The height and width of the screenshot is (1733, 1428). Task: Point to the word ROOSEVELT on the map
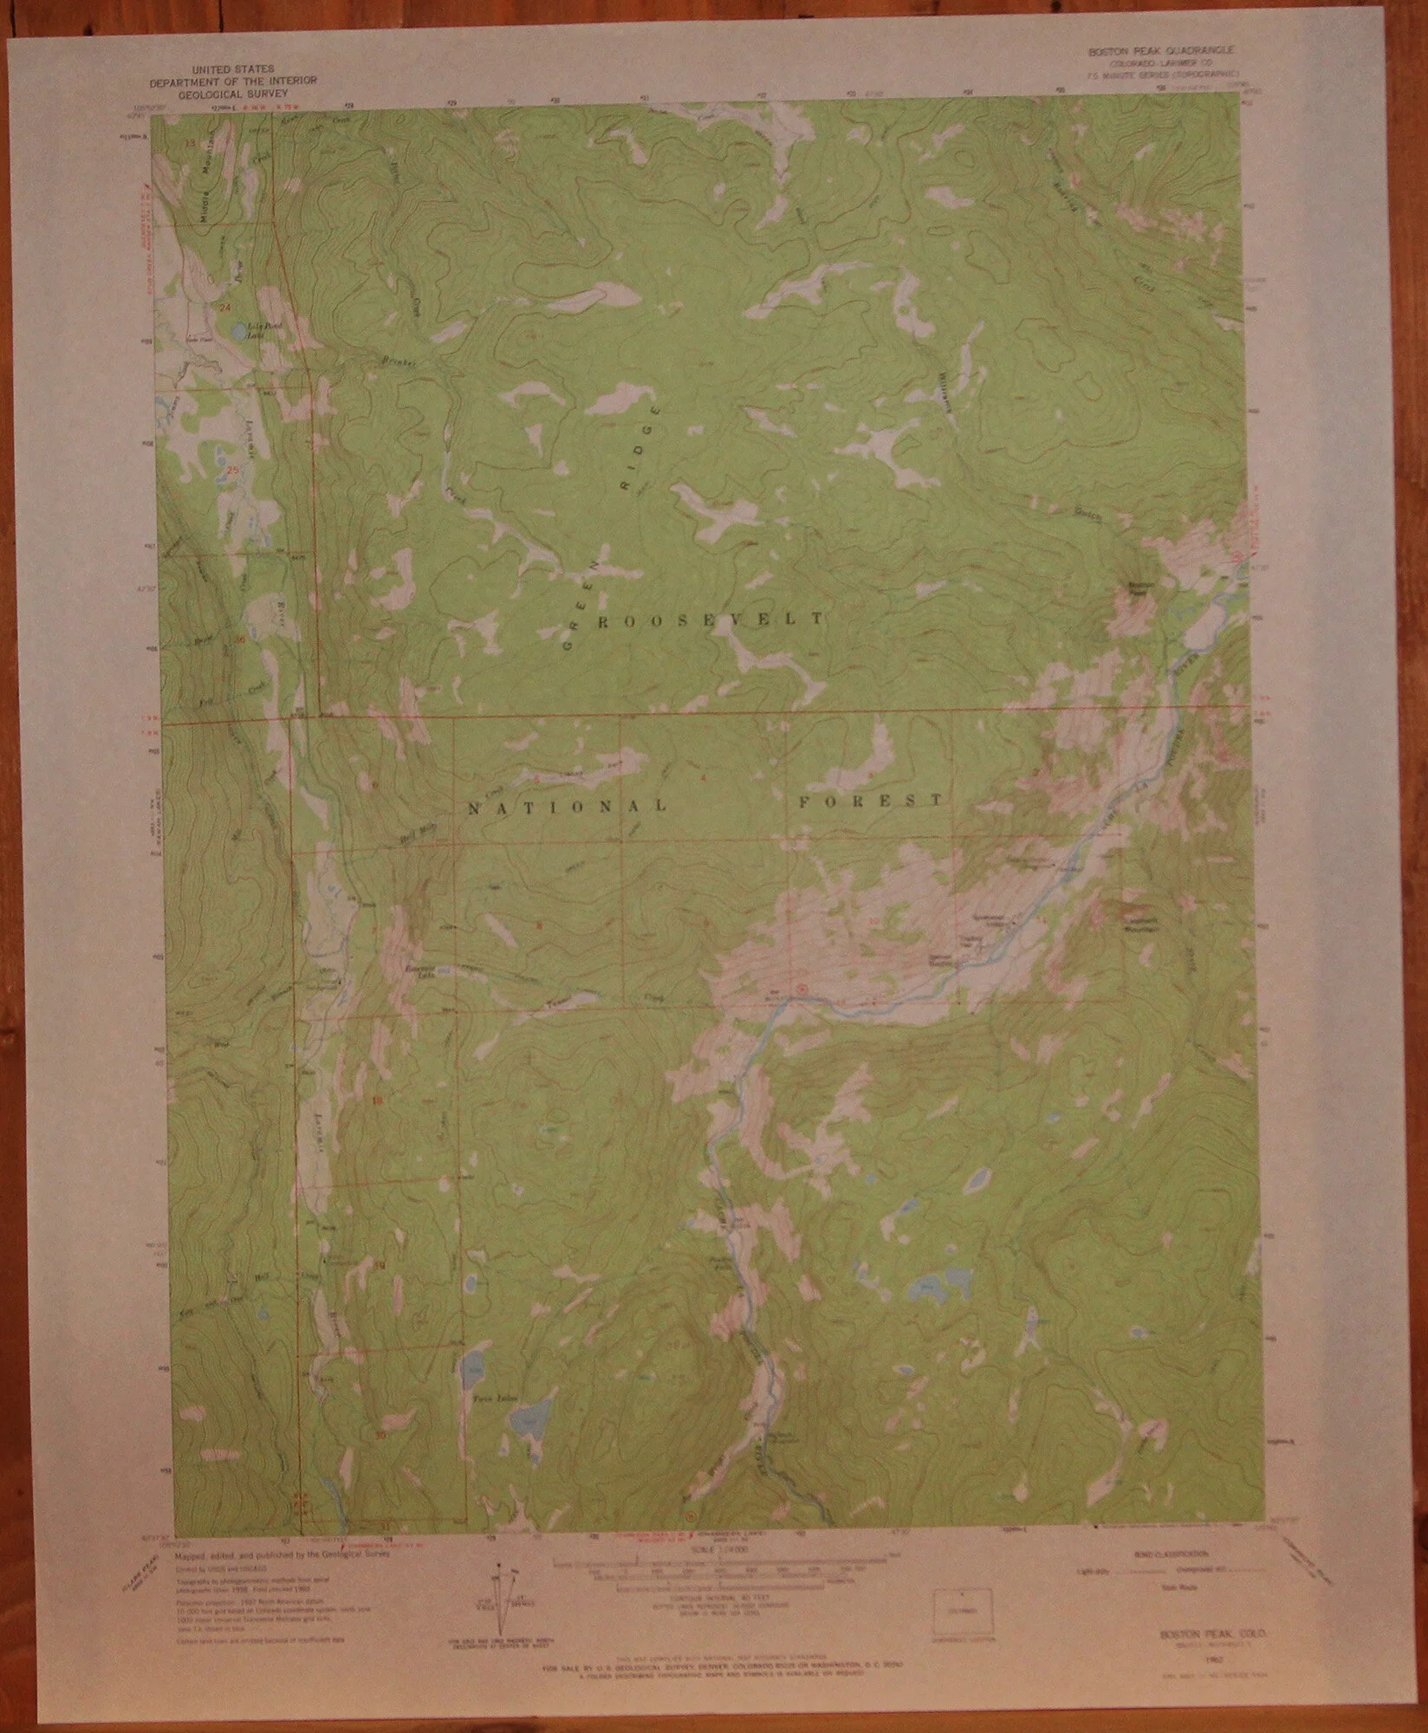click(x=710, y=620)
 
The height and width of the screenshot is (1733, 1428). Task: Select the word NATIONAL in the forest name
click(x=567, y=807)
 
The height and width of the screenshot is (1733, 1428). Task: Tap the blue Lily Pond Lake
click(x=237, y=330)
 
